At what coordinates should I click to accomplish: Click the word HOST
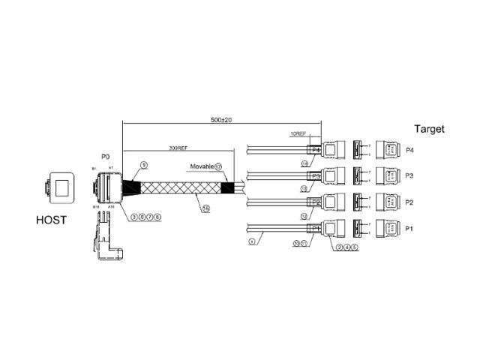tap(51, 220)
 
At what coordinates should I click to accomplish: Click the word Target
tap(429, 129)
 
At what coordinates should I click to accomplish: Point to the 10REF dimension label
tap(298, 135)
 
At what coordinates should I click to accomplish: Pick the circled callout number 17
tap(218, 166)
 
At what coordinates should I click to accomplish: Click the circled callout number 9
tap(143, 163)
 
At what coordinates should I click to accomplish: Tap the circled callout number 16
tap(205, 208)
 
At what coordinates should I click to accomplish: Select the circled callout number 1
tap(252, 241)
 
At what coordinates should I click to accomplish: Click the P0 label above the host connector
tap(105, 157)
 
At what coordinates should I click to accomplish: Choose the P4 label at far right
tap(409, 150)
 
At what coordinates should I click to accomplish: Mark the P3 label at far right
tap(409, 176)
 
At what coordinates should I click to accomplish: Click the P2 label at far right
tap(409, 202)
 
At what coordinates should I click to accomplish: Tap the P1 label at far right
tap(409, 229)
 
